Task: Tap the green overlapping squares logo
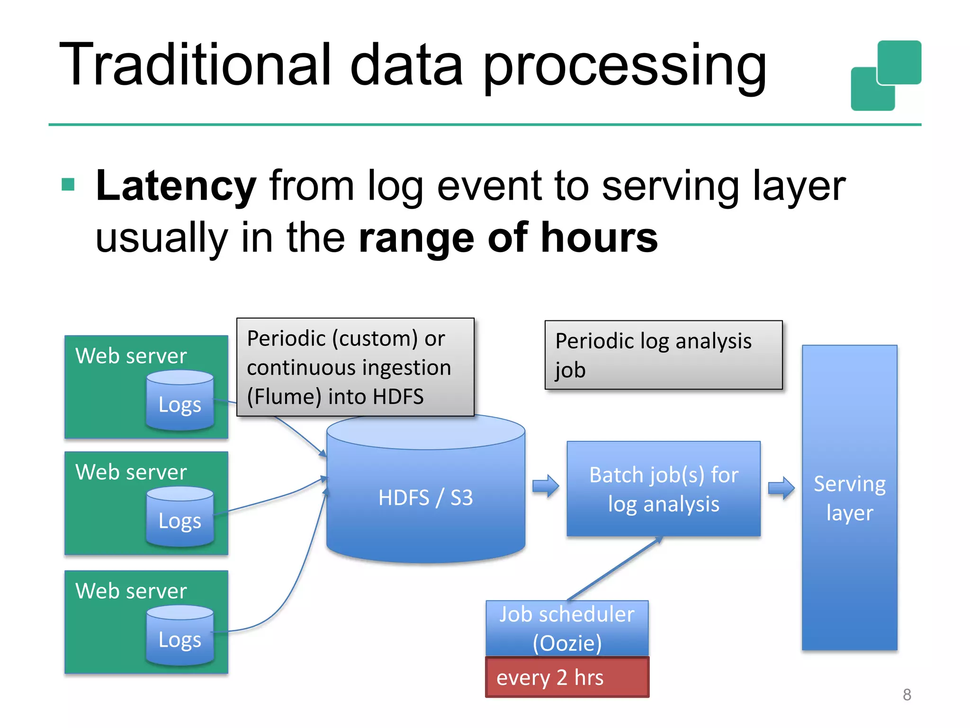pyautogui.click(x=886, y=76)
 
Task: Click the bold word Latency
pyautogui.click(x=176, y=186)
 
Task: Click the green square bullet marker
pyautogui.click(x=68, y=184)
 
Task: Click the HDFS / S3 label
pyautogui.click(x=425, y=498)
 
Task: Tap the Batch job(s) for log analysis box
pyautogui.click(x=663, y=489)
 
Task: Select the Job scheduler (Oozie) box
pyautogui.click(x=567, y=628)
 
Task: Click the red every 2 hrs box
pyautogui.click(x=567, y=677)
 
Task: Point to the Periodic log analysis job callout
pyautogui.click(x=663, y=355)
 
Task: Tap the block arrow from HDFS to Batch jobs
pyautogui.click(x=546, y=486)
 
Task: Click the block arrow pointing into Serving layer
pyautogui.click(x=781, y=488)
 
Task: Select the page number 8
pyautogui.click(x=907, y=695)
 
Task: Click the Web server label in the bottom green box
pyautogui.click(x=131, y=591)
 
